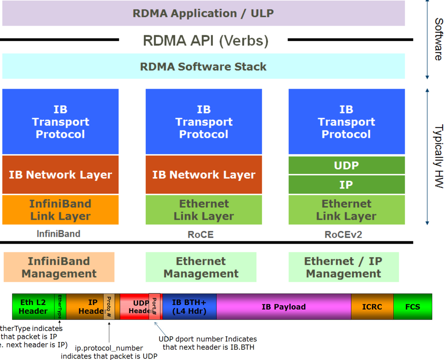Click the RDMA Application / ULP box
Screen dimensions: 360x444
click(x=203, y=13)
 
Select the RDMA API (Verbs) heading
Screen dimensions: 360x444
click(x=206, y=40)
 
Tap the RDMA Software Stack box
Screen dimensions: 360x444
click(x=203, y=66)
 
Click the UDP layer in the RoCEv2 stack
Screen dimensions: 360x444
click(x=346, y=165)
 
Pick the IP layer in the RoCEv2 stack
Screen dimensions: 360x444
click(x=346, y=185)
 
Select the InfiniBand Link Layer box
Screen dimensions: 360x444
click(x=60, y=210)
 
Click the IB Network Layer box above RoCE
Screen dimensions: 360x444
click(x=204, y=174)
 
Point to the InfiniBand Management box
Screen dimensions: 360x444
click(x=59, y=267)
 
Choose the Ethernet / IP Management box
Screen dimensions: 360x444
click(x=343, y=267)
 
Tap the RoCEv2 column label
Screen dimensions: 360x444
click(x=343, y=234)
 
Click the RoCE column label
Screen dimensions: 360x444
click(x=200, y=234)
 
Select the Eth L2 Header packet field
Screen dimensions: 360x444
click(x=33, y=307)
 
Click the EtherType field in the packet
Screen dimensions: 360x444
click(x=60, y=307)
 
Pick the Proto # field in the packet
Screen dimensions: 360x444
click(x=109, y=307)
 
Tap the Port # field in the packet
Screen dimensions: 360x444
click(x=154, y=306)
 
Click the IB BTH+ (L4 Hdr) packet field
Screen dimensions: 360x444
click(x=189, y=307)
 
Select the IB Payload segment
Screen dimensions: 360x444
click(x=284, y=307)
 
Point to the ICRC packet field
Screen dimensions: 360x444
click(x=372, y=307)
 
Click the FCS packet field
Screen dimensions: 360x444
click(x=413, y=307)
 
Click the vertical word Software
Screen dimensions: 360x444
click(x=438, y=39)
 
